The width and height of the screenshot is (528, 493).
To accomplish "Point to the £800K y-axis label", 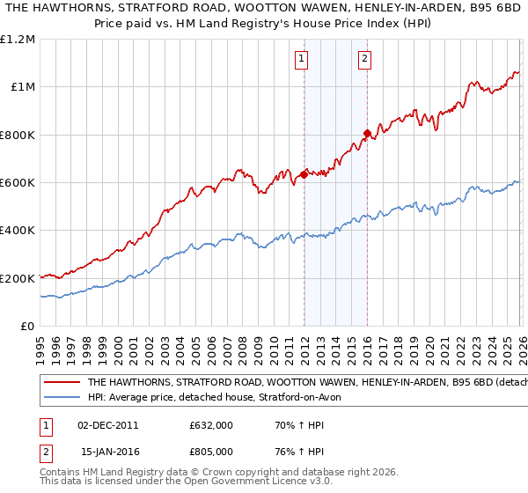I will click(x=18, y=135).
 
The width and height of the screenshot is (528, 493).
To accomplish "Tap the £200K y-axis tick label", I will click(x=18, y=278).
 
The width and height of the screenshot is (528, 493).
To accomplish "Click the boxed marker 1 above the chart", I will click(x=302, y=59).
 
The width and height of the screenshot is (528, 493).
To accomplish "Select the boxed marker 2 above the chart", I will click(x=364, y=59).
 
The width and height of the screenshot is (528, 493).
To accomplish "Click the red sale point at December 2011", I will click(x=304, y=174).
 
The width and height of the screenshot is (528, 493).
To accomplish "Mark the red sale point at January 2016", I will click(x=367, y=134).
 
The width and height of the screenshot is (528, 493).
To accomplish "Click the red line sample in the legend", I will click(x=62, y=383).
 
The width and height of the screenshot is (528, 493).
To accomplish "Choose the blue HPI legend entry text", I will click(x=220, y=398).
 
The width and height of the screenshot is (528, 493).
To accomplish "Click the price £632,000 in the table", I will click(x=211, y=424).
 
